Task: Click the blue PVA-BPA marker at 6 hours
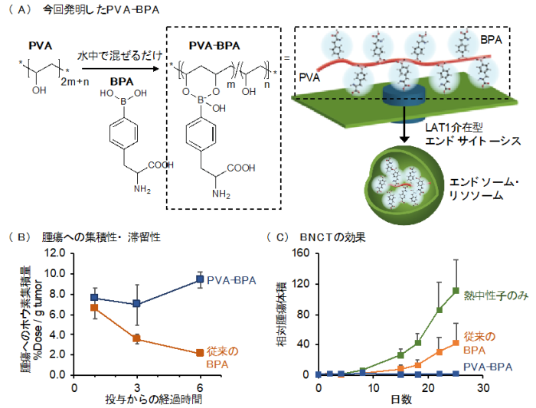point(200,279)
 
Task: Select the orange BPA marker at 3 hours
point(136,338)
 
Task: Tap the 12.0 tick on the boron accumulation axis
point(55,253)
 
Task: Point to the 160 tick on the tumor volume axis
point(301,253)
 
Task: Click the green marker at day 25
point(456,291)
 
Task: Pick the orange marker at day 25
point(456,343)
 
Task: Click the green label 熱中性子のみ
point(496,295)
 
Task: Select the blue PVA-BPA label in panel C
point(488,367)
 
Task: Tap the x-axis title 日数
point(401,400)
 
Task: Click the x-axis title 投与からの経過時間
point(153,399)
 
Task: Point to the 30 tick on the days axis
point(483,388)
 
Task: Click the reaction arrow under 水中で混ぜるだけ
point(121,69)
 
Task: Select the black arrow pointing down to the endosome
point(404,124)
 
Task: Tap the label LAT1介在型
point(454,128)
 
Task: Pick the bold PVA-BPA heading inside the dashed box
point(214,45)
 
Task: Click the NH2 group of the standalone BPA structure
point(142,189)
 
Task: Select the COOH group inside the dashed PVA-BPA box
point(241,168)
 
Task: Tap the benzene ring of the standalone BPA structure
point(124,133)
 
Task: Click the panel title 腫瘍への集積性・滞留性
point(101,237)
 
